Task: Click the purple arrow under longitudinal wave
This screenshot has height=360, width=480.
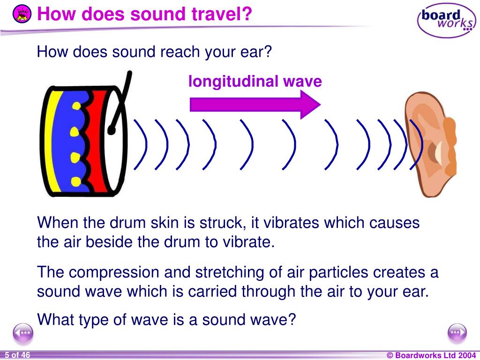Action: point(255,105)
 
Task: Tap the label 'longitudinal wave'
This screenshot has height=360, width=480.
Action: point(255,82)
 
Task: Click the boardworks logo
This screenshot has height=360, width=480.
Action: point(447,20)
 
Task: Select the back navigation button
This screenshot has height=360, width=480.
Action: point(23,333)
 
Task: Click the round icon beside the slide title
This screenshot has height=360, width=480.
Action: point(22,14)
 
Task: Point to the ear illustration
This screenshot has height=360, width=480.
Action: point(430,144)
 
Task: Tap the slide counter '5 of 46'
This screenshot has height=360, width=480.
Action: point(17,355)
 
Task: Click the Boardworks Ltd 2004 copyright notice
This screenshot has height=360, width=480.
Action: point(431,355)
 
